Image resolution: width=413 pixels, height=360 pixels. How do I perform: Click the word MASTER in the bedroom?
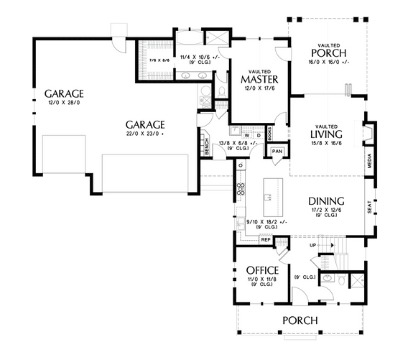point(259,80)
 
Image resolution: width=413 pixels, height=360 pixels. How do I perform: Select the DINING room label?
point(326,201)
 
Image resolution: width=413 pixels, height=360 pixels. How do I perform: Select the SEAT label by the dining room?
point(369,207)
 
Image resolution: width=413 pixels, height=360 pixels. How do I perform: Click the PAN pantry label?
point(277,152)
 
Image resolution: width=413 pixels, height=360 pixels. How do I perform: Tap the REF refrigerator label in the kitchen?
point(265,239)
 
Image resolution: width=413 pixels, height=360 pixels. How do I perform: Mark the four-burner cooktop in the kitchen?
point(240,190)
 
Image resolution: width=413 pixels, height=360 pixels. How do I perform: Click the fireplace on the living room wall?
point(369,134)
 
